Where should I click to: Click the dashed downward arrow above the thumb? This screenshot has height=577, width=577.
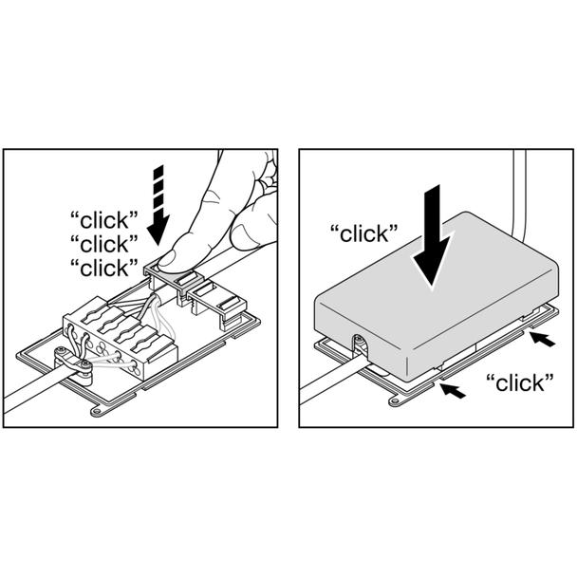coord(158,204)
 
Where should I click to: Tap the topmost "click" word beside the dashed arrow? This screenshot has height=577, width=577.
coord(103,220)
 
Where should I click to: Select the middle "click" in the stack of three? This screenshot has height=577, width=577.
coord(103,244)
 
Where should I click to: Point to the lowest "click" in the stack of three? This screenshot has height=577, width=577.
coord(103,268)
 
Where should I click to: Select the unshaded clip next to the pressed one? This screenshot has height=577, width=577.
coord(217,300)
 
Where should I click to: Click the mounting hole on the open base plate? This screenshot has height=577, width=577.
coord(97,411)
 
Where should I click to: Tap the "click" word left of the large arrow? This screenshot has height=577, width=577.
coord(364,233)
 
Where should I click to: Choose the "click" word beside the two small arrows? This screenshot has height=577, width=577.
coord(520,382)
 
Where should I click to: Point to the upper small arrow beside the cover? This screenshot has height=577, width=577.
coord(543,340)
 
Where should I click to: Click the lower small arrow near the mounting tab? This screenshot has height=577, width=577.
coord(453,390)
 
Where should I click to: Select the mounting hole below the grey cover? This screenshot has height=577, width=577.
coord(396,400)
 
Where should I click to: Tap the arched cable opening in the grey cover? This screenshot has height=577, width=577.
coord(361,344)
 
